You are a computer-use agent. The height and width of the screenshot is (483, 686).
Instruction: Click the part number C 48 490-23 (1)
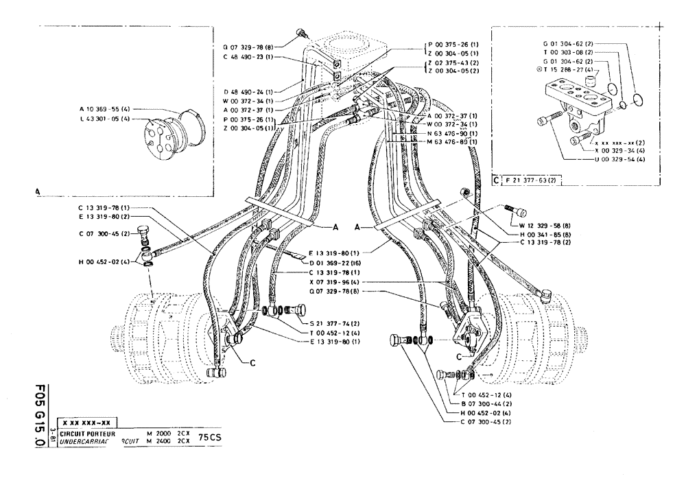[x=249, y=57]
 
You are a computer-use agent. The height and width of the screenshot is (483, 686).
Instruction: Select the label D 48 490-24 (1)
[x=248, y=91]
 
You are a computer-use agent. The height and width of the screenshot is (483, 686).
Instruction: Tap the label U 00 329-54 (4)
[x=620, y=159]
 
